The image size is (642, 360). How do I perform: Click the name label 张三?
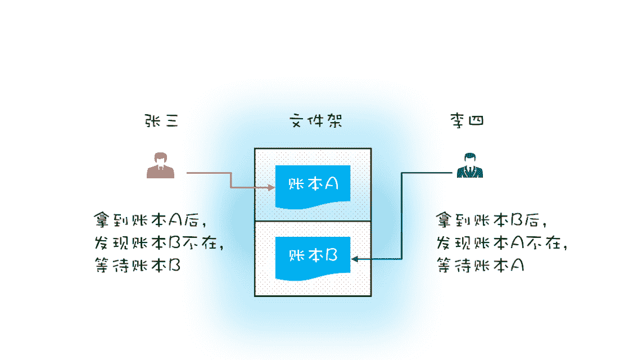pos(161,121)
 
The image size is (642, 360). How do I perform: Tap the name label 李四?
pos(467,121)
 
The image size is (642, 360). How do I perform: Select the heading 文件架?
pos(315,121)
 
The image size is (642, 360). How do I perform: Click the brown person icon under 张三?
pos(160,165)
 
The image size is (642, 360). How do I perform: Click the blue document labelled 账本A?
pos(313,185)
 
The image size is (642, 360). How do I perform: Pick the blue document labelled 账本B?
pos(313,256)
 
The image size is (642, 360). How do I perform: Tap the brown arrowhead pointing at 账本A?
pos(271,188)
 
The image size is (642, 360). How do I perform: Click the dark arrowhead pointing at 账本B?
pos(355,259)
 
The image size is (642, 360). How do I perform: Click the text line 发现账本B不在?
pos(160,242)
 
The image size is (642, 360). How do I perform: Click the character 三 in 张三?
pos(170,121)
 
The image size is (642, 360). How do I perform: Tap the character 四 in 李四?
pos(476,121)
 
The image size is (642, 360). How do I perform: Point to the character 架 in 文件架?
pos(333,121)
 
